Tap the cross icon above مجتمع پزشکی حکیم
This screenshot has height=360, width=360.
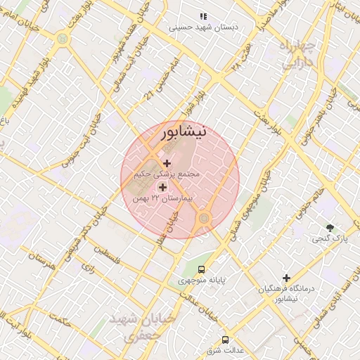166,163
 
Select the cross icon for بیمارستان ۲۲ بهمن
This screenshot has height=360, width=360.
163,188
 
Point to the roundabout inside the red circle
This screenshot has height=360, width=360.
204,218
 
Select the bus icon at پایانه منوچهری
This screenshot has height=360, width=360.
202,269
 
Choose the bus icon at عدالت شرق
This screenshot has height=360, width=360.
225,338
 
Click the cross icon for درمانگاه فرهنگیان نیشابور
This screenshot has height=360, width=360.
286,278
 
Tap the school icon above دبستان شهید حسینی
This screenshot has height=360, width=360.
202,15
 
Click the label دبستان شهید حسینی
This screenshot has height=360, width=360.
204,27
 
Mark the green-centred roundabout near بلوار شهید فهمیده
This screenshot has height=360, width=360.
63,39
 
